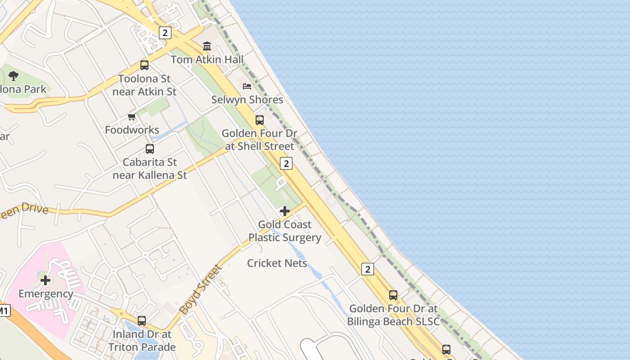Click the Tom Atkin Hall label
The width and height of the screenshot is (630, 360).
point(207,59)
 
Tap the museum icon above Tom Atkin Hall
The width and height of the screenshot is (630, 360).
point(207,46)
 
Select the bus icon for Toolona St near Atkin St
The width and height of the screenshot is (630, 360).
point(144,65)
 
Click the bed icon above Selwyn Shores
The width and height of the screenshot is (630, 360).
point(247,86)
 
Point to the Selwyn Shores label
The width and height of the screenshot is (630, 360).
point(247,99)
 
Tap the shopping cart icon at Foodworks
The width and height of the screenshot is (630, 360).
point(132,117)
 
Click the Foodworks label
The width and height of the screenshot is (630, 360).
point(132,130)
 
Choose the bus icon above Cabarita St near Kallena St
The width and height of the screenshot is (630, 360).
point(150,149)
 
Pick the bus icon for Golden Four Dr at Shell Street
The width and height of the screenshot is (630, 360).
point(260,120)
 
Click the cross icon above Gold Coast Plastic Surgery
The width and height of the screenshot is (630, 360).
point(284,211)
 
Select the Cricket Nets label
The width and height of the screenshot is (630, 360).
point(277,263)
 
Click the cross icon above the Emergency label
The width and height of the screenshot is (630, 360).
point(45,281)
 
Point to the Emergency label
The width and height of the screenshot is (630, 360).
point(45,294)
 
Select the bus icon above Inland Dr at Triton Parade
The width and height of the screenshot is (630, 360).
point(142,321)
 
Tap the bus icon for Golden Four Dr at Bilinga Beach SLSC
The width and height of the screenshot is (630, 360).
point(393,295)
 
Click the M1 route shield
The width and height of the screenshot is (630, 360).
point(4,310)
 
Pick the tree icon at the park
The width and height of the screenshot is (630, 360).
point(13,76)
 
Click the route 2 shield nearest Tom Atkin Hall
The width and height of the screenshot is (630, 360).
point(165,32)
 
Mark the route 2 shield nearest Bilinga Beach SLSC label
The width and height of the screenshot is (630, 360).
point(368,269)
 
